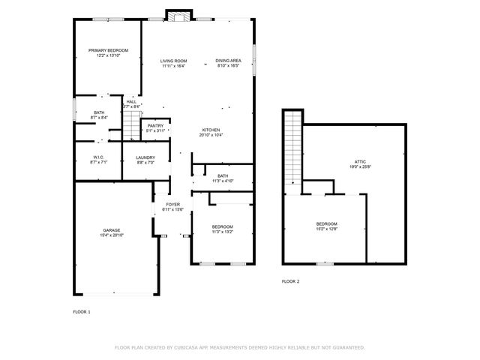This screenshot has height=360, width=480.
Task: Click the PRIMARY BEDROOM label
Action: [x=109, y=50]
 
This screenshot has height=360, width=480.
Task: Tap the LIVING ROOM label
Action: [x=174, y=61]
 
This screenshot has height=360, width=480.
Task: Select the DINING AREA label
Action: [x=228, y=61]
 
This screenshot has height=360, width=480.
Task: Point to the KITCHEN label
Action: [x=210, y=130]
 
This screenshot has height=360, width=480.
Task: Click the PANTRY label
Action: [x=155, y=125]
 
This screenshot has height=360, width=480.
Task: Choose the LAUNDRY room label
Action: [x=145, y=157]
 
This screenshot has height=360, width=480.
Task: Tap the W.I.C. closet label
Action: [x=99, y=157]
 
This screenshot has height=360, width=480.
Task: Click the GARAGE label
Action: [x=112, y=230]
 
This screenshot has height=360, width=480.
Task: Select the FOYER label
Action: [x=172, y=204]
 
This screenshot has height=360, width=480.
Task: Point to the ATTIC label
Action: [x=360, y=161]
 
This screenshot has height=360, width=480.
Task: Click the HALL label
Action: [x=131, y=102]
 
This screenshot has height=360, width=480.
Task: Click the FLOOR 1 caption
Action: [x=81, y=311]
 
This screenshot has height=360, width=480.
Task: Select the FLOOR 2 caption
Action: [x=290, y=281]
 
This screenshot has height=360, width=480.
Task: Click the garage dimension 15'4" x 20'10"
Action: [x=112, y=235]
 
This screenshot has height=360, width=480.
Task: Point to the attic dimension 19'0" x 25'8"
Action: [x=360, y=166]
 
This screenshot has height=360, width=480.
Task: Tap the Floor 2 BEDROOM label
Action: [x=326, y=223]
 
